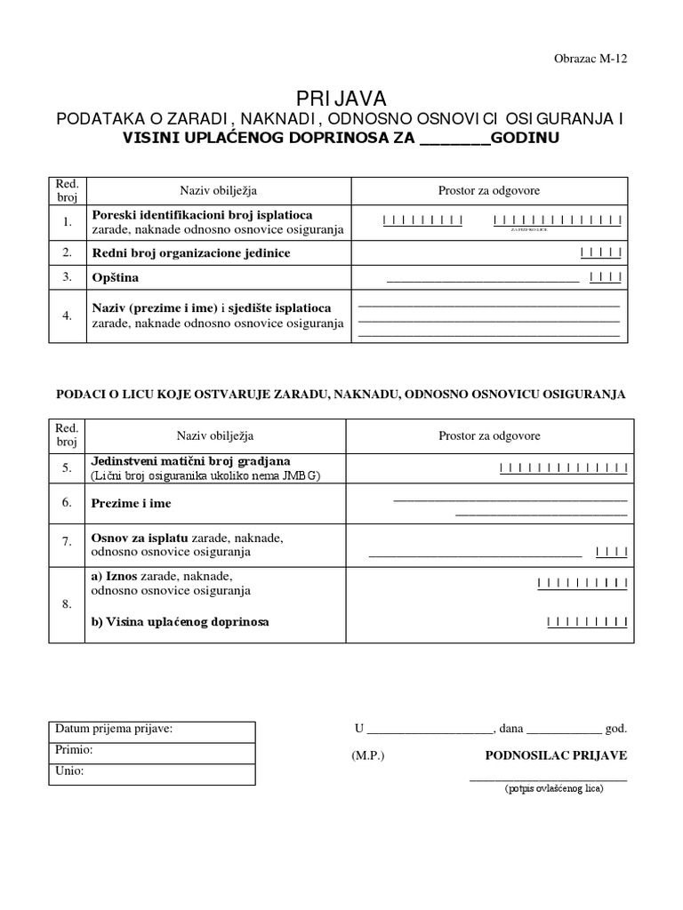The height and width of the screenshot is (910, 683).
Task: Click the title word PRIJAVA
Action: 341,99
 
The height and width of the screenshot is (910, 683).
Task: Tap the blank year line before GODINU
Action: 454,140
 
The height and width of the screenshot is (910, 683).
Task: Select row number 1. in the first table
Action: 68,222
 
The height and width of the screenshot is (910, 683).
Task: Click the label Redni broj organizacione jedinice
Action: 191,253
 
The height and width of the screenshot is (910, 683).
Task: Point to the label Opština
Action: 116,277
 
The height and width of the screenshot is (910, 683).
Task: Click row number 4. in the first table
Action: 68,315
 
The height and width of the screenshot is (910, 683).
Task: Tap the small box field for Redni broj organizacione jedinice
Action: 601,253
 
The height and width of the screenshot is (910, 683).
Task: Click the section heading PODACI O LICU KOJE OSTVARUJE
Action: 341,394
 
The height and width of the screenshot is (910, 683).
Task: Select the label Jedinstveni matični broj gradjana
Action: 191,462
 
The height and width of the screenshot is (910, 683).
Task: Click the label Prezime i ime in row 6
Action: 132,503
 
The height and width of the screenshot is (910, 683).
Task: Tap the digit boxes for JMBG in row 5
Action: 564,468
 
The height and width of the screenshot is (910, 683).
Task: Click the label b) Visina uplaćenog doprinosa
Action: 181,622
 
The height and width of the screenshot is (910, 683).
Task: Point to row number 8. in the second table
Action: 68,604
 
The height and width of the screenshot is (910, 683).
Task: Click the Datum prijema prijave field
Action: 151,730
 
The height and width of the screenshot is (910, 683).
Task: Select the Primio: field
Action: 151,750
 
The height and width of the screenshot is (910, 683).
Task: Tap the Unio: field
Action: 151,770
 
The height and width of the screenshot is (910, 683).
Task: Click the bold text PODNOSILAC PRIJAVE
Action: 556,755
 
